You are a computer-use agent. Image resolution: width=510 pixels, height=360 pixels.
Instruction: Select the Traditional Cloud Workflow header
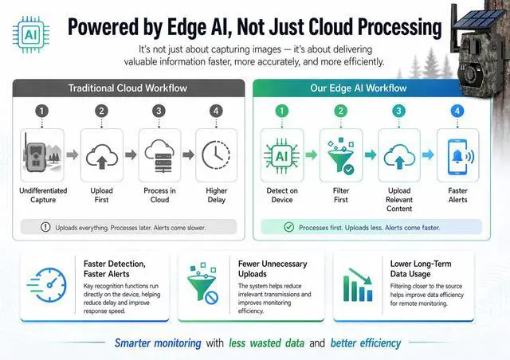coord(128,88)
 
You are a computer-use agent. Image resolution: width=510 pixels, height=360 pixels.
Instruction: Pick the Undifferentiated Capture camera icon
coord(42,155)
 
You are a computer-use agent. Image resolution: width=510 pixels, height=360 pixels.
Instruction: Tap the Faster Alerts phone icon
coord(457,155)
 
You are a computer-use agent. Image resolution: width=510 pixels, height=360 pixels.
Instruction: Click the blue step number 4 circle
coord(457,111)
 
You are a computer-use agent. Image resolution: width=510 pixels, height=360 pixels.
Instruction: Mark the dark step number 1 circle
coord(42,111)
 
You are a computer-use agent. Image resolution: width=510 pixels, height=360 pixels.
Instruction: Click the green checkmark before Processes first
coord(288,227)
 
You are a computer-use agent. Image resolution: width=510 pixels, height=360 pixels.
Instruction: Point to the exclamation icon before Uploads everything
coord(45,227)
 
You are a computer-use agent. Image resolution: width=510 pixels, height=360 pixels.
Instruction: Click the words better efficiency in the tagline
coord(366,343)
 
